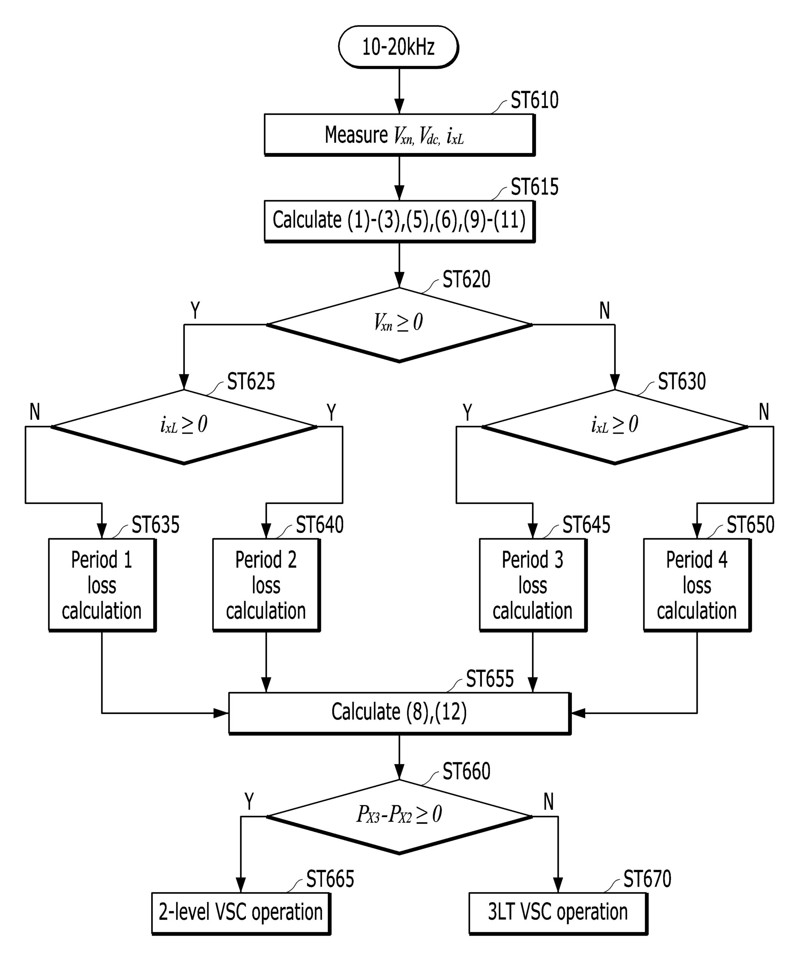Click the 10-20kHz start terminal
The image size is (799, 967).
398,47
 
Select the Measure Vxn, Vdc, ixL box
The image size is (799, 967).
399,135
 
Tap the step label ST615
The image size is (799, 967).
534,187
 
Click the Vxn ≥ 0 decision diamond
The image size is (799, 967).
399,324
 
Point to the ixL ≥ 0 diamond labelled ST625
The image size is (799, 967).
184,426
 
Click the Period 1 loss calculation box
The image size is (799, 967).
102,584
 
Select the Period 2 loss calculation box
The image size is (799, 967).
266,584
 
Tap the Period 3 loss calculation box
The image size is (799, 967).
533,584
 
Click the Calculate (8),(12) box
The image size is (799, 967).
399,712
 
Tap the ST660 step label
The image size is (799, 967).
466,771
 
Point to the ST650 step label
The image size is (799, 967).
750,525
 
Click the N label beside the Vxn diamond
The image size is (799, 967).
604,311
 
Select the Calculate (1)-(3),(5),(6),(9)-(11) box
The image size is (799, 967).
399,221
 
